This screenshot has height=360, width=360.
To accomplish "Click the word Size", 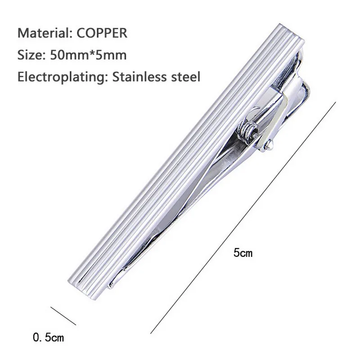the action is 29,55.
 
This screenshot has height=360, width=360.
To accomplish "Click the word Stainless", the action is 140,76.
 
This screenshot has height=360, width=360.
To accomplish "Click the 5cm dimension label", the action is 243,253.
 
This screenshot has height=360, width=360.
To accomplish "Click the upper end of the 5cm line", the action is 335,102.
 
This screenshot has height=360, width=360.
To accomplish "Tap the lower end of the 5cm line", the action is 151,333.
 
